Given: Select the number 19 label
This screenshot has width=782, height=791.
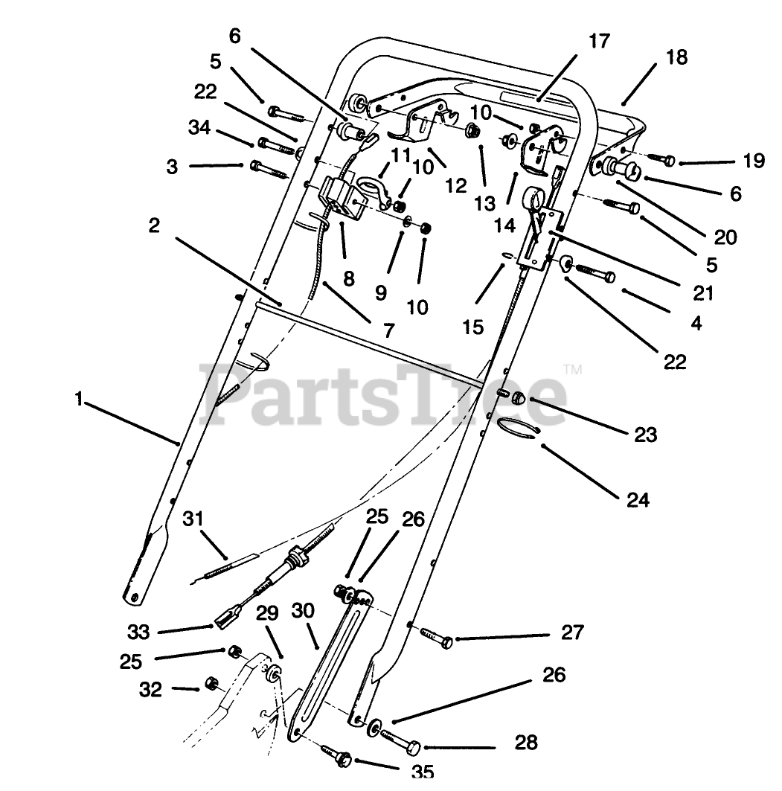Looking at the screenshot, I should click(753, 161).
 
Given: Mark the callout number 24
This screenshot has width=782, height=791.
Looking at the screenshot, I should click(638, 500).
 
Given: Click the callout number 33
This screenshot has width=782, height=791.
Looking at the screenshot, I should click(138, 632).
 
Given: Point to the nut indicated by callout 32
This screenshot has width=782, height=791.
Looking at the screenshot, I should click(210, 683).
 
